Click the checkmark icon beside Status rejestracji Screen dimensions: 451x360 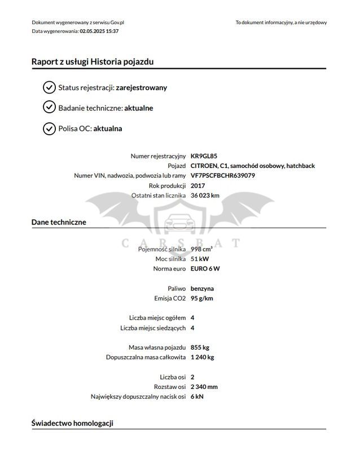[49, 87]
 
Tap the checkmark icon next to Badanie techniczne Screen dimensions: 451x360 [49, 108]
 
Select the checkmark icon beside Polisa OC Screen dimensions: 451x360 [49, 129]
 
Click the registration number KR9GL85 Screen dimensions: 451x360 [204, 156]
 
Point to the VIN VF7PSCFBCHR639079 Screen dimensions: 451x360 [223, 175]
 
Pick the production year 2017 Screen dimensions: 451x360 [198, 185]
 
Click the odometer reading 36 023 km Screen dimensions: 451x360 [205, 195]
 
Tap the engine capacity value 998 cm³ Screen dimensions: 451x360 [201, 249]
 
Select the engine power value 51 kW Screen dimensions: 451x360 [200, 259]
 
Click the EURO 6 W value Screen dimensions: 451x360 [205, 268]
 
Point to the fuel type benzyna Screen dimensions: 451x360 [202, 288]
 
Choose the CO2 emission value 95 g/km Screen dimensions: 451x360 [202, 298]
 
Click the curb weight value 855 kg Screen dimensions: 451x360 [200, 347]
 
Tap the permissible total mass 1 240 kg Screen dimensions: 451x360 [203, 357]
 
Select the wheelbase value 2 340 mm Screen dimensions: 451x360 [204, 387]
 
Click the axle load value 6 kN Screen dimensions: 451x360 [197, 396]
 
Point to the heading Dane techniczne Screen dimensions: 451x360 [59, 222]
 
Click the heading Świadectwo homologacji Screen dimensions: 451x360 [73, 422]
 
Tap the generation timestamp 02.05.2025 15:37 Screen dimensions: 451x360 [99, 31]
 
